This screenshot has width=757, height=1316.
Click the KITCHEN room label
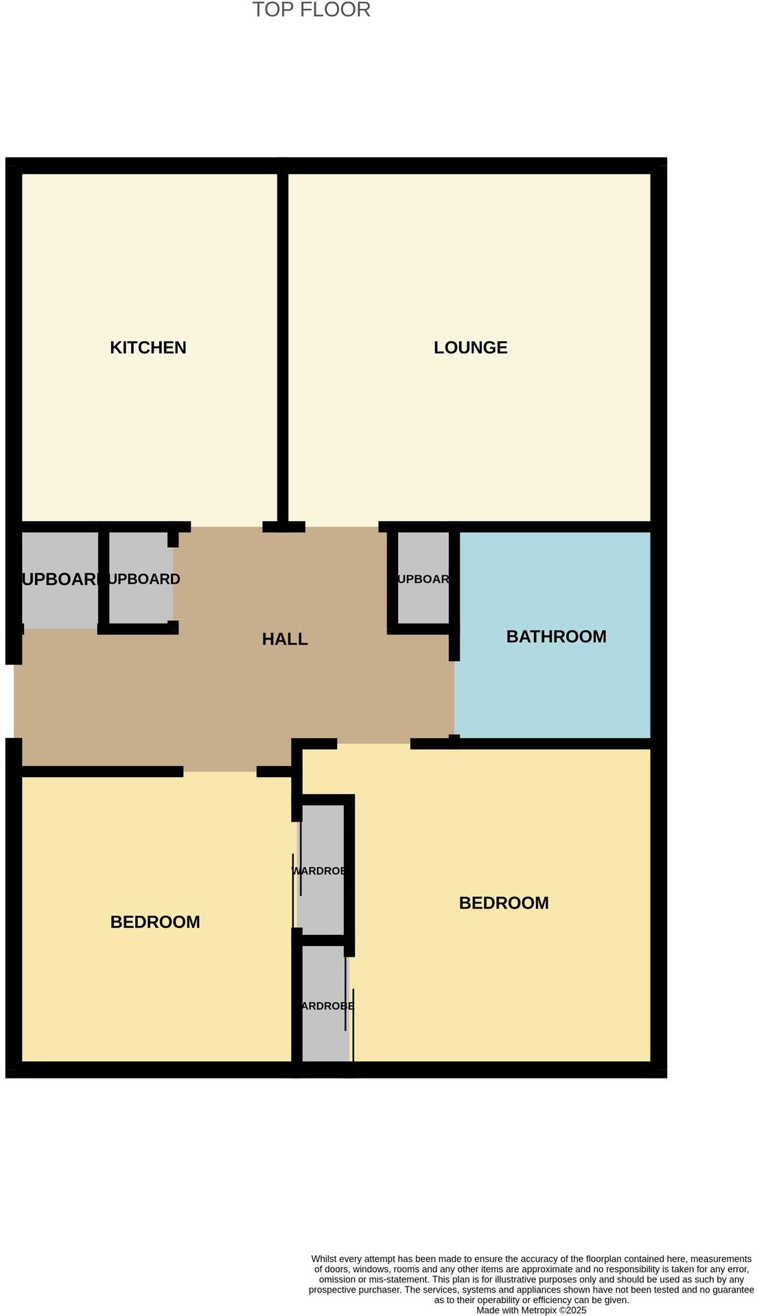[148, 347]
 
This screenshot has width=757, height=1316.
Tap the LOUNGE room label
[470, 347]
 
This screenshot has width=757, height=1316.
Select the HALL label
[285, 639]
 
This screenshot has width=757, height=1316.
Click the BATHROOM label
[556, 636]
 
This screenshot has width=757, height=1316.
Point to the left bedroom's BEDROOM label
[155, 922]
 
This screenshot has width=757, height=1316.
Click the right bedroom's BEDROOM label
[504, 903]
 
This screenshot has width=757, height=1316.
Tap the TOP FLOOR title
[311, 10]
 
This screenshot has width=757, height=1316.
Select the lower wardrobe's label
[327, 1006]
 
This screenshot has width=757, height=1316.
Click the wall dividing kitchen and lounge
[282, 343]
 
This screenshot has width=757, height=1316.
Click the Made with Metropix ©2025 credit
[531, 1310]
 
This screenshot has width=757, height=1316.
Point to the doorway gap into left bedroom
[220, 772]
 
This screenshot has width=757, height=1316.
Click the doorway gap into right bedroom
[373, 743]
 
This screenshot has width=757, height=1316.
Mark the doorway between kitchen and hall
[226, 527]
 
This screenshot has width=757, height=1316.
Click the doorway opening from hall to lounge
[341, 527]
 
